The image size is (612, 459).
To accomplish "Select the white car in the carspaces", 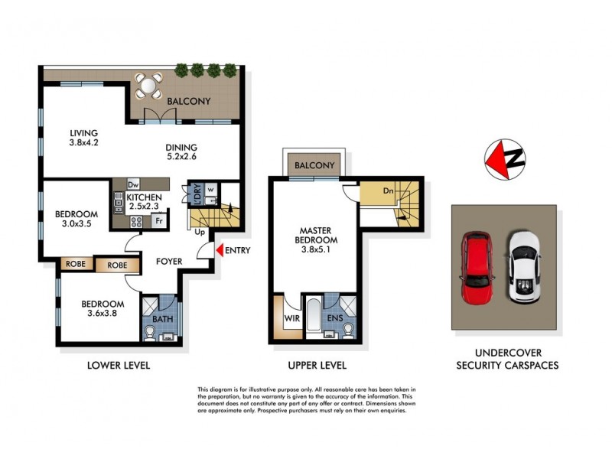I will [524, 265].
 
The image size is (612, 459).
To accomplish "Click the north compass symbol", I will [505, 159].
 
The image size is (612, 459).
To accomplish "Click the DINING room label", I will [182, 148].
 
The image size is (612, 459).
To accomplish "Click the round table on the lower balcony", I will [148, 86].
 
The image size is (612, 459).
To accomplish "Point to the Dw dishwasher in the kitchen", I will [133, 184].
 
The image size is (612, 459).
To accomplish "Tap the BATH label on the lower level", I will [161, 319].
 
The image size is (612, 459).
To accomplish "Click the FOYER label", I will [169, 262].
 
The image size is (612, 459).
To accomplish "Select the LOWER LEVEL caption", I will [118, 366].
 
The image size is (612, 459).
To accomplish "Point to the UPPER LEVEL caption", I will [317, 366].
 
